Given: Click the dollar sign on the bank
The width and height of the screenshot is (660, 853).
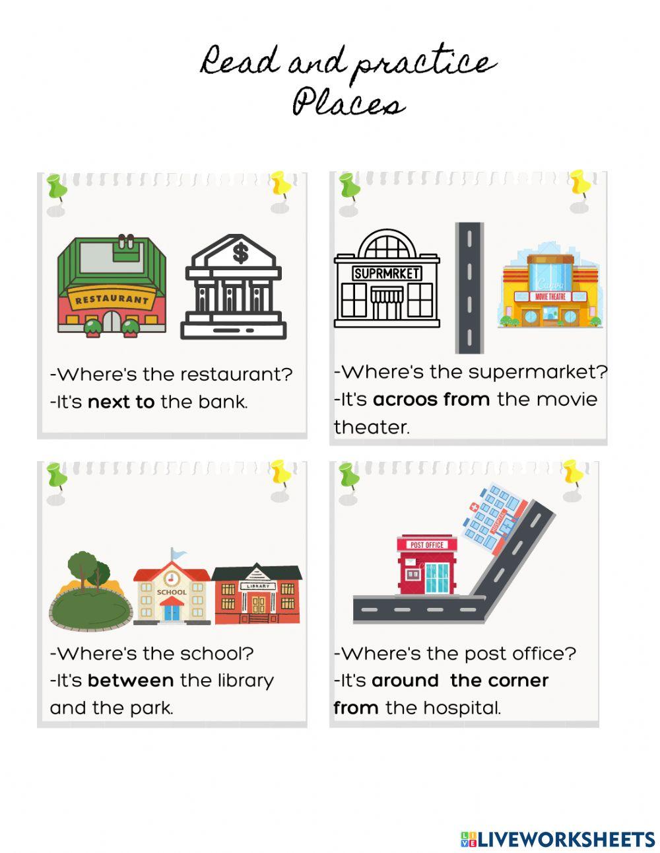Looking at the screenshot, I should [x=240, y=252].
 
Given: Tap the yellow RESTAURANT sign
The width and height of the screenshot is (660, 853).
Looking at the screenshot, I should [x=112, y=299].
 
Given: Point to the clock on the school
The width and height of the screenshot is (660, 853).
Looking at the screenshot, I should [x=172, y=579].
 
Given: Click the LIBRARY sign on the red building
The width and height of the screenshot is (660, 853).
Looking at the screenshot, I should [x=257, y=586].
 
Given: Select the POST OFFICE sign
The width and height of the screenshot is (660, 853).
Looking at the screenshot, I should [x=427, y=544].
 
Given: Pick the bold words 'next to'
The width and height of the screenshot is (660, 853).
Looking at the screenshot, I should [x=121, y=402].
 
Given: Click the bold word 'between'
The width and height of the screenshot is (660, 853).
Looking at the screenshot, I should [x=131, y=681].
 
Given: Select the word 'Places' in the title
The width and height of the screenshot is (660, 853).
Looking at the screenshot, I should [x=348, y=104].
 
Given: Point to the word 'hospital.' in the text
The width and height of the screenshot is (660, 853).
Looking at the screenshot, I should [x=461, y=708].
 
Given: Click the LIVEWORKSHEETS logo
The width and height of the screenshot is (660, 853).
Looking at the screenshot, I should [x=557, y=838].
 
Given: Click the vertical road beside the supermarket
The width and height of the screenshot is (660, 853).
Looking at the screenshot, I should [x=469, y=287].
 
